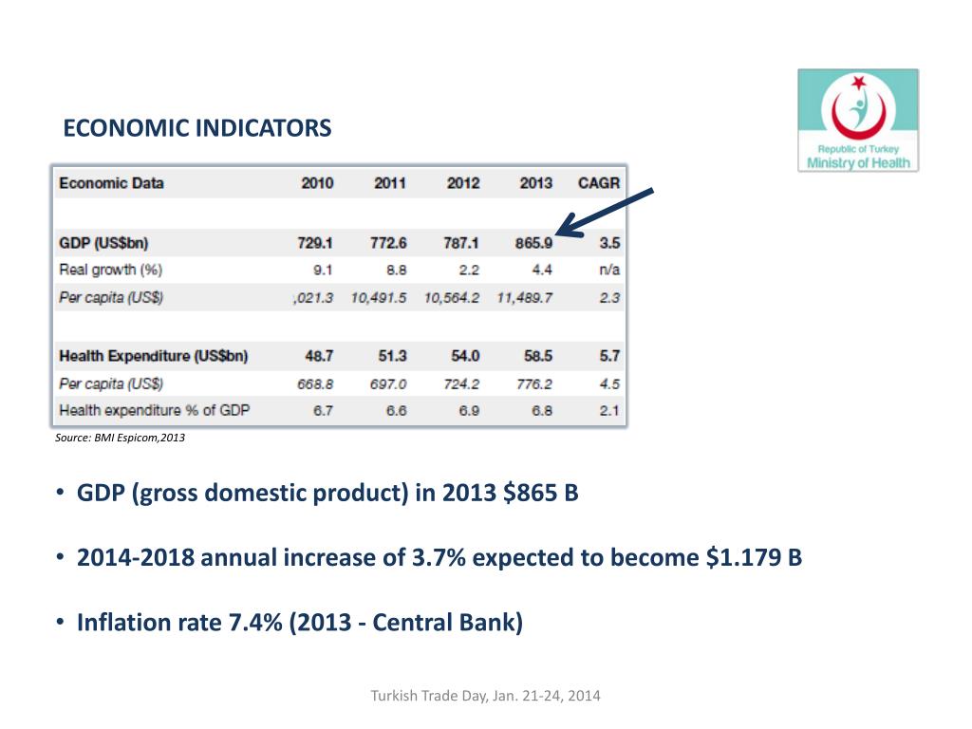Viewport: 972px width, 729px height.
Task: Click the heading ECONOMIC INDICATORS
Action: (x=197, y=128)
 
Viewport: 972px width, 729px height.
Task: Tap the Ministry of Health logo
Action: (x=858, y=121)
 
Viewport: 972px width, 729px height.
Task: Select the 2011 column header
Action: (x=390, y=183)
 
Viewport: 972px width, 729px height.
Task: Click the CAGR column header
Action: (x=599, y=183)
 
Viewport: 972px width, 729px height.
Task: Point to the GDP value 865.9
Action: (x=533, y=243)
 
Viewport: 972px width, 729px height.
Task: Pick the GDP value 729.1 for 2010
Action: (x=315, y=243)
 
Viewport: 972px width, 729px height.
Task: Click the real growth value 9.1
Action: (x=323, y=271)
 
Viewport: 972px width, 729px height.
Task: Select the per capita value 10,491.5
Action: (x=379, y=298)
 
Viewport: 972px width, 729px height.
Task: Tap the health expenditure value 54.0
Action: (x=465, y=356)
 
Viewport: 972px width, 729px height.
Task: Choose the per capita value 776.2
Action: (x=534, y=384)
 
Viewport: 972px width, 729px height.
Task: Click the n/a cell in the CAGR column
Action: (x=610, y=271)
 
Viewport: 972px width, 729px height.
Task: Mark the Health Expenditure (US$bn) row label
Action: (x=154, y=356)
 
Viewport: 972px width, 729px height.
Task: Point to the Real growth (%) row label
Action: (x=111, y=271)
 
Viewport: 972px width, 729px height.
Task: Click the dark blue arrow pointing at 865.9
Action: (x=605, y=213)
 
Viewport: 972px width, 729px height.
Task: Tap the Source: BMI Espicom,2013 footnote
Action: (x=121, y=438)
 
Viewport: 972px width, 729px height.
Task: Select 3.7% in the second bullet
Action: (x=439, y=557)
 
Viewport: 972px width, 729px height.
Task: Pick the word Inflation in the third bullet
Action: (x=114, y=623)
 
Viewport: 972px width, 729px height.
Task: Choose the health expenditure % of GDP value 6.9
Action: (x=469, y=411)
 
